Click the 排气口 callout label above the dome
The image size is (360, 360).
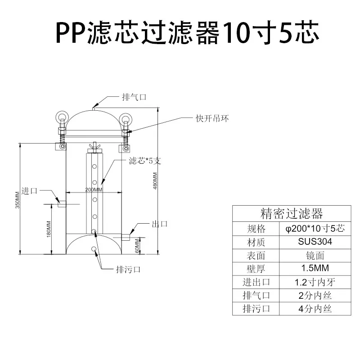[x=134, y=97]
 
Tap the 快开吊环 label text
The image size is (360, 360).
[x=212, y=118]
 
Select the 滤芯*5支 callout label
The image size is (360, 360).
[x=144, y=161]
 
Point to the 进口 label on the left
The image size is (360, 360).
[x=29, y=191]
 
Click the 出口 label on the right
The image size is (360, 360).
[x=160, y=224]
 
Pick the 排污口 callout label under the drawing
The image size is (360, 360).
[x=128, y=269]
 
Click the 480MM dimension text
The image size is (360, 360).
[x=155, y=181]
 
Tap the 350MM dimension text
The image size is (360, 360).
[x=18, y=200]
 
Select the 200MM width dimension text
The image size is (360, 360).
[x=94, y=189]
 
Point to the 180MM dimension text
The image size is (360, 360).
[x=49, y=229]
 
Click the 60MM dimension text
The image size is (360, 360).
[x=137, y=246]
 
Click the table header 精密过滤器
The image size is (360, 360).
[x=292, y=213]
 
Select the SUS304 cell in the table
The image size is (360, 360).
[x=315, y=242]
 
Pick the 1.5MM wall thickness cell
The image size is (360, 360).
[x=315, y=268]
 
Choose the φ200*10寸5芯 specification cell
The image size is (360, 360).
[x=315, y=229]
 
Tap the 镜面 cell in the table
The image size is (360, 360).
[x=315, y=256]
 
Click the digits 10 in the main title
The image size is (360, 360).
[x=237, y=32]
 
